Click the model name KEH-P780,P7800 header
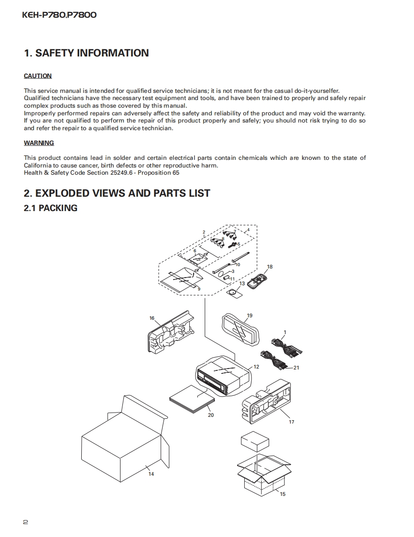(59, 15)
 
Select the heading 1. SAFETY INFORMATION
(86, 53)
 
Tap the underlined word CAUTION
(38, 76)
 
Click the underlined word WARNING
(39, 143)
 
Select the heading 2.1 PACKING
(50, 208)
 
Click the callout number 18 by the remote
(270, 267)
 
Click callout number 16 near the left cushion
(152, 318)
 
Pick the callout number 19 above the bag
(250, 315)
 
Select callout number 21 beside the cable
(296, 368)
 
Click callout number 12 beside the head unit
(256, 367)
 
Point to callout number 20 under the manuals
(211, 415)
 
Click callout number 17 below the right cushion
(292, 422)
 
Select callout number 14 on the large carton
(151, 474)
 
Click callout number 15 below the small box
(283, 494)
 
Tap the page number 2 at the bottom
(25, 522)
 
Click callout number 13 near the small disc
(242, 283)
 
